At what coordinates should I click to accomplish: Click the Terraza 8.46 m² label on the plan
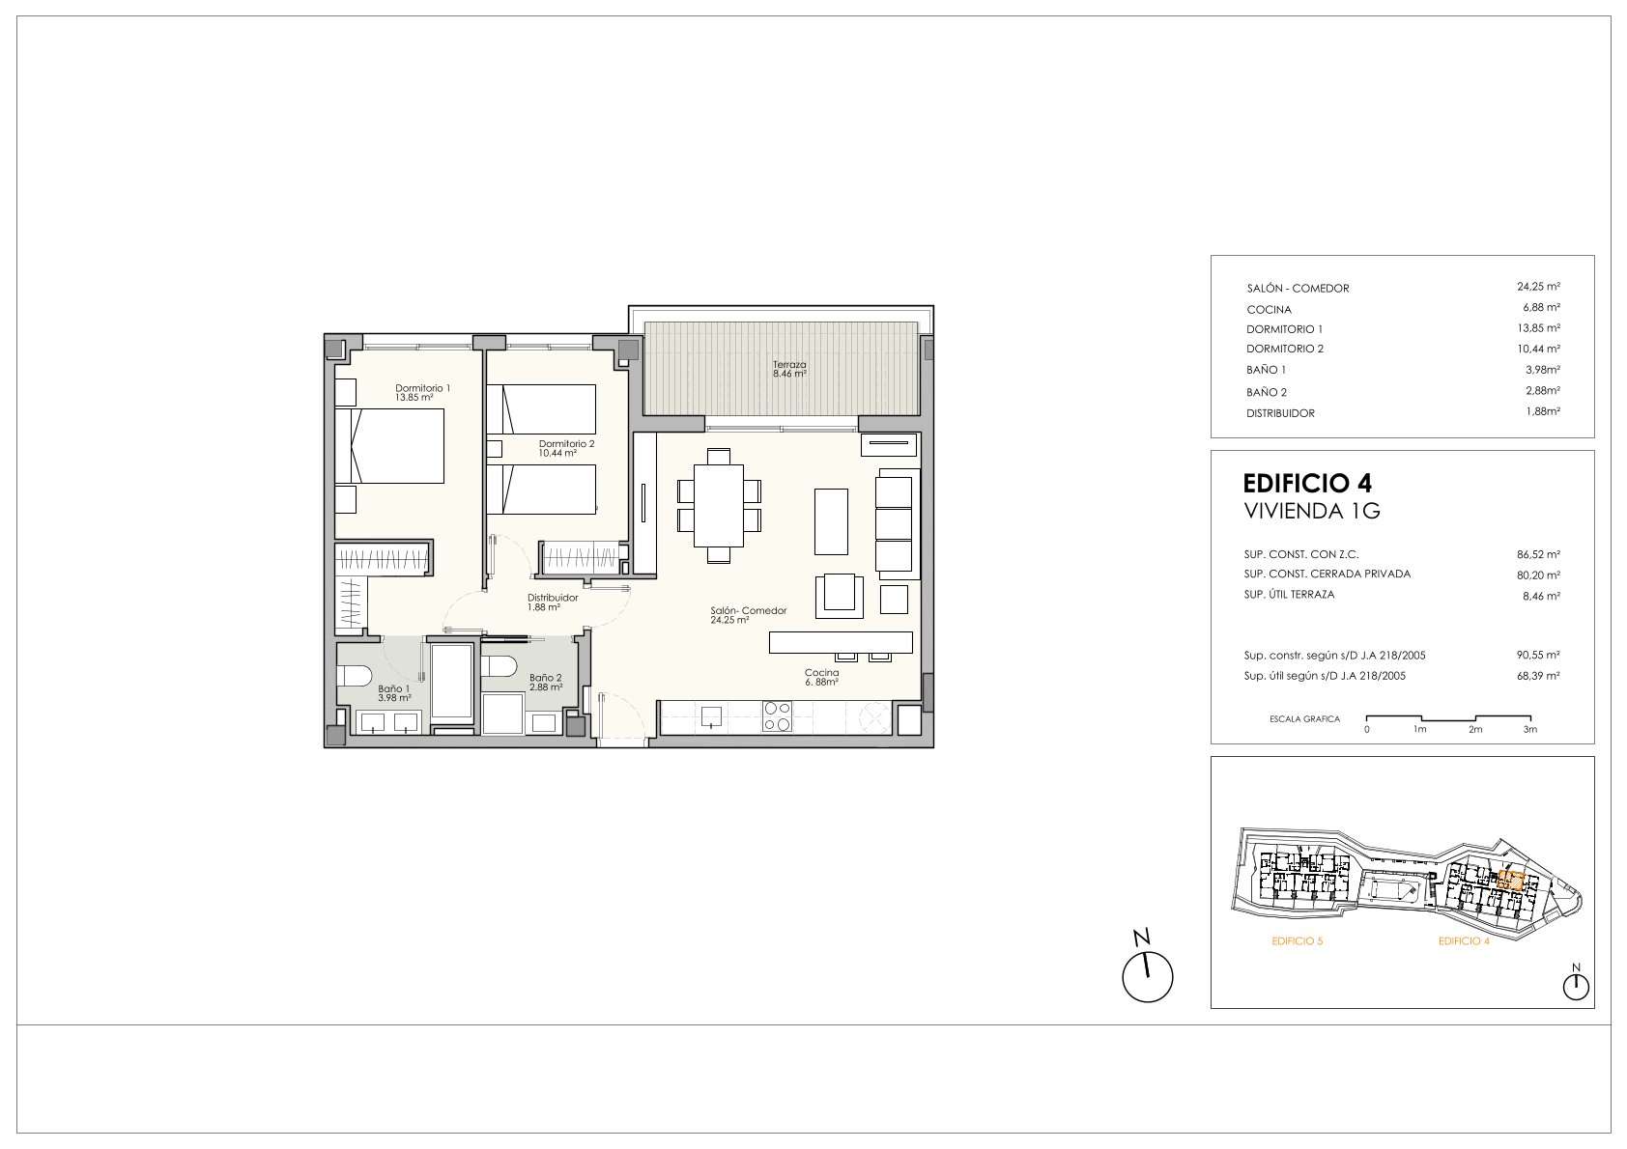coord(789,370)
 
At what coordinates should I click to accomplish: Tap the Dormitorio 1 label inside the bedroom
coord(422,388)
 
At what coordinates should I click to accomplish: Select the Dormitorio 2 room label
coord(566,443)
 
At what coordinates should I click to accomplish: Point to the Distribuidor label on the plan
coord(553,598)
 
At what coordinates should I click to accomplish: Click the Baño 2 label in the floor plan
coord(546,678)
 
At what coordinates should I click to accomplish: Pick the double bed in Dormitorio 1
coord(389,446)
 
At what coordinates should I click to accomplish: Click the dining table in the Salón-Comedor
coord(719,505)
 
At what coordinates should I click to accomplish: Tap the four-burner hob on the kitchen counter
coord(777,715)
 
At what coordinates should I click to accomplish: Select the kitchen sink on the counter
coord(711,716)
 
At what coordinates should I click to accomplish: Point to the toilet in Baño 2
coord(499,665)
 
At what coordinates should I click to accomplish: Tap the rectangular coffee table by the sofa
coord(831,521)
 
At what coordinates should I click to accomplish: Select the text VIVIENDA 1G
coord(1312,511)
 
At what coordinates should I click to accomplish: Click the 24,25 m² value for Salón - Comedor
coord(1538,287)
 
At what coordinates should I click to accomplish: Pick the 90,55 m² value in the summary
coord(1538,655)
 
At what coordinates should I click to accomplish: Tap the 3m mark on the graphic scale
coord(1529,729)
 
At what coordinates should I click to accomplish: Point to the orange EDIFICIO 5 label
coord(1298,941)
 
